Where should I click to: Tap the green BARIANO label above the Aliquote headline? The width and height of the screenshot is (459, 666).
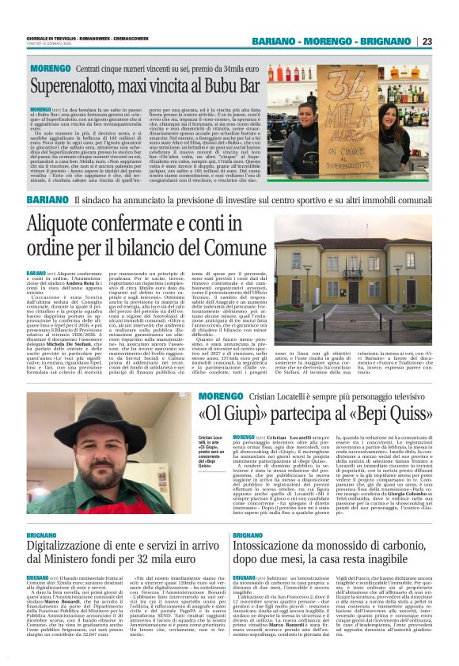[47, 200]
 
